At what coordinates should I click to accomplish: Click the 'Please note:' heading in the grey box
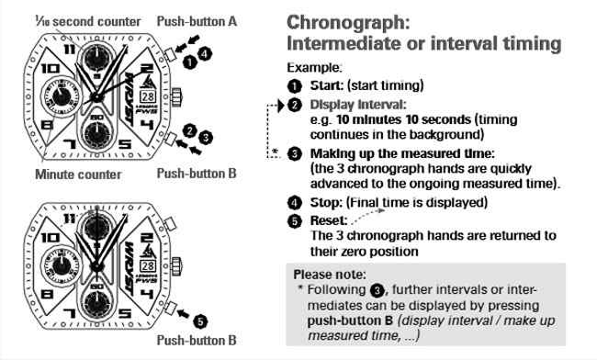tap(329, 274)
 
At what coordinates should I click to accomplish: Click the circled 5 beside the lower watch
tap(201, 321)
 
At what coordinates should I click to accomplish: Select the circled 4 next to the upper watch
tap(204, 54)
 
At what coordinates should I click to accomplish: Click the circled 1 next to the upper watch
tap(190, 62)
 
